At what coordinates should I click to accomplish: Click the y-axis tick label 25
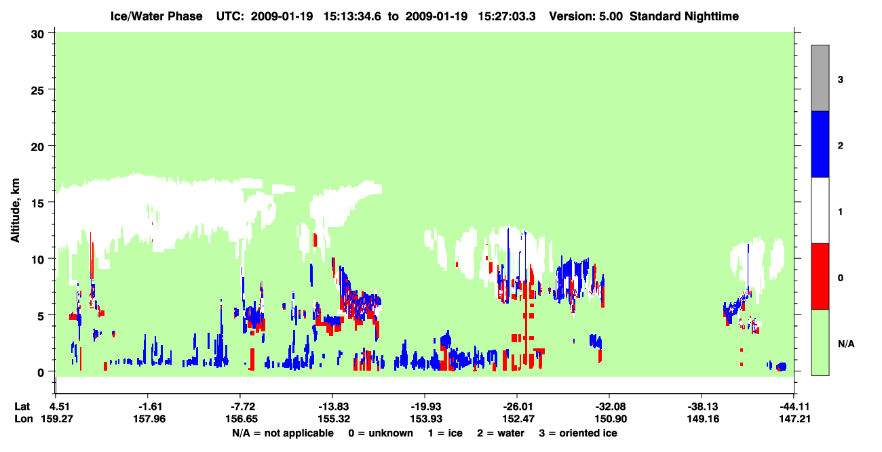point(37,91)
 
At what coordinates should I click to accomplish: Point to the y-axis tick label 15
point(37,203)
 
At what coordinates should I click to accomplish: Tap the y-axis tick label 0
point(41,373)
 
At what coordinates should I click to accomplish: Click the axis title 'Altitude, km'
point(15,211)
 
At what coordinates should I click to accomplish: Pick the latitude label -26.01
point(516,407)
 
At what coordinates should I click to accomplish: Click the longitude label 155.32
point(334,419)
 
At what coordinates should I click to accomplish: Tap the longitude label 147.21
point(794,419)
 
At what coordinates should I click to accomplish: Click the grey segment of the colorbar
point(820,78)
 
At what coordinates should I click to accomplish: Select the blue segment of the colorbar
point(820,144)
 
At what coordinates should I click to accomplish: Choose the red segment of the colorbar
point(820,276)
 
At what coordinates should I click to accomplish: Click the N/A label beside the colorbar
point(846,344)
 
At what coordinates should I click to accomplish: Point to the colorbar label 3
point(840,79)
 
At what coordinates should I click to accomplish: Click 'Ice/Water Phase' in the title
point(156,16)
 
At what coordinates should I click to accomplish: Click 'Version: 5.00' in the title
point(586,16)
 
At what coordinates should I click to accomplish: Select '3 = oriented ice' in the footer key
point(578,433)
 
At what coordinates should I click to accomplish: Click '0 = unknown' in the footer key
point(381,433)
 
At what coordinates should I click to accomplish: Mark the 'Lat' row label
point(22,407)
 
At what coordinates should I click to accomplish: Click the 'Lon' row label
point(24,419)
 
